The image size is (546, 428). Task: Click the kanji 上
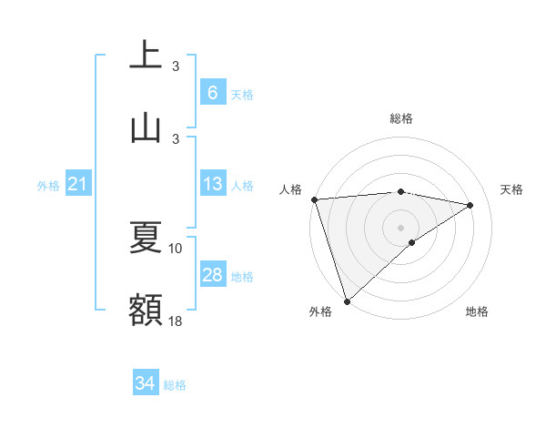point(146,56)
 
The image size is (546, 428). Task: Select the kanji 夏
point(146,238)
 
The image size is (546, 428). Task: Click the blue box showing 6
point(213,93)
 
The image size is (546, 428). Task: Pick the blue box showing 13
point(213,184)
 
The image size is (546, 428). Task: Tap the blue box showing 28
point(213,275)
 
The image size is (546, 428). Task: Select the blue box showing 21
point(77,185)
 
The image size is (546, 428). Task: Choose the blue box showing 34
point(146,383)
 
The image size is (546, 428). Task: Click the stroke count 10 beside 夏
point(176,248)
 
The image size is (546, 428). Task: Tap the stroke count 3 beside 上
point(176,66)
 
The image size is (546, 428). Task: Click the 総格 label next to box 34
point(175,385)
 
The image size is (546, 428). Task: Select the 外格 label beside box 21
point(48,186)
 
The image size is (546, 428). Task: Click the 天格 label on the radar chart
point(511,189)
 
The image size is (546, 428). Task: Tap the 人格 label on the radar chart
point(289,189)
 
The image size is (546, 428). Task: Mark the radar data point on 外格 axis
point(347,301)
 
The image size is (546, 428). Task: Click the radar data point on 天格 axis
point(470,205)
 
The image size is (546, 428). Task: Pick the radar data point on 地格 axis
point(412,242)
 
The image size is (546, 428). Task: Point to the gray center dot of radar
point(400,227)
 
